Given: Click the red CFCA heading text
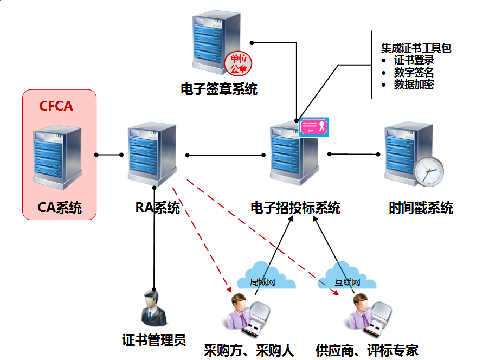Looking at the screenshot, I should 56,106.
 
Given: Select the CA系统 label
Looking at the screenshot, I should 60,208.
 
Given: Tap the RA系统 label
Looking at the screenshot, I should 157,208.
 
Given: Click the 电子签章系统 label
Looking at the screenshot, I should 219,89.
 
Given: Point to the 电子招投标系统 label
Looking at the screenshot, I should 295,208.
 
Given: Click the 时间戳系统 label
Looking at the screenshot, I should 421,208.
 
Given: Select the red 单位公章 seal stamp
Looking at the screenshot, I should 239,64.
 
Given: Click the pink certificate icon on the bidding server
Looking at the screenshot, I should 314,127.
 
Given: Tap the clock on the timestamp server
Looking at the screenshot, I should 428,170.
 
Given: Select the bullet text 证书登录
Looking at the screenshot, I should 414,60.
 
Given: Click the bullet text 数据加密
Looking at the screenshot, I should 414,85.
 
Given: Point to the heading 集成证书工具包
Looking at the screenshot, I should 416,48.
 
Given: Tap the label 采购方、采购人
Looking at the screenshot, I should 248,350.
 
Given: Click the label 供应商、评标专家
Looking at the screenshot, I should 366,350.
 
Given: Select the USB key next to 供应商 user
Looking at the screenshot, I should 377,320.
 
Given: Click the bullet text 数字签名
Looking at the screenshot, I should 414,73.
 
